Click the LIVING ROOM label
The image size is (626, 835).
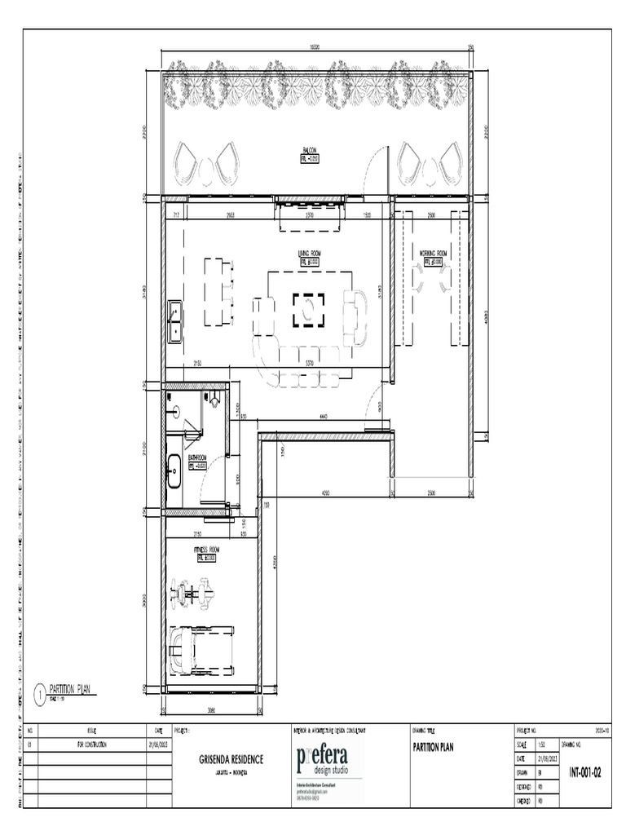pos(310,254)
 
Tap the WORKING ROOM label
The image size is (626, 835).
pos(434,254)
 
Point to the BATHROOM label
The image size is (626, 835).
pos(197,458)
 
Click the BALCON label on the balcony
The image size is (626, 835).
pos(310,151)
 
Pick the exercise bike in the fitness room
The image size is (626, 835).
pos(192,591)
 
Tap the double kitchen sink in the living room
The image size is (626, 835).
pos(174,321)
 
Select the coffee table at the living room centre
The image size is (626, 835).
pos(309,309)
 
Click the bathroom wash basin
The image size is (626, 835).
pos(174,472)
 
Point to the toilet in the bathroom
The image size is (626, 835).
pos(214,400)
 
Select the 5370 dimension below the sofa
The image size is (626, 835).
pos(309,362)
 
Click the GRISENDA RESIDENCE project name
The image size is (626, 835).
pos(231,758)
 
